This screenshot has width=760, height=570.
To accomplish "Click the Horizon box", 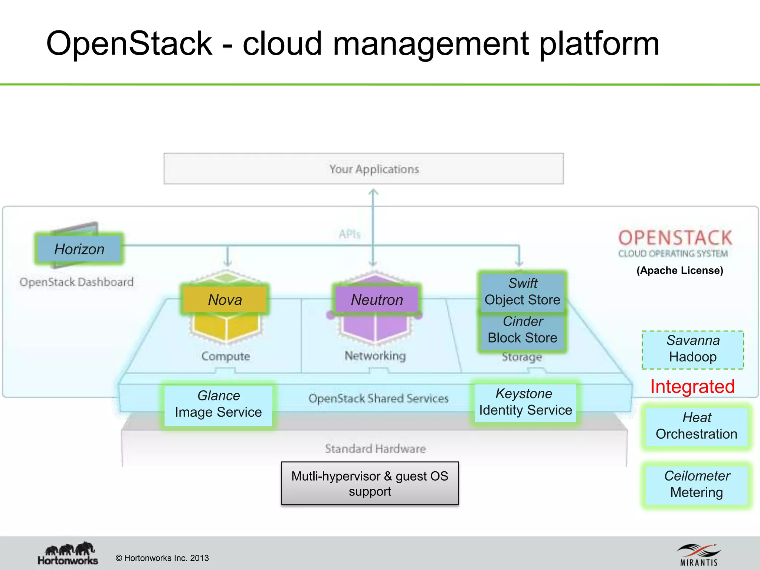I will (x=79, y=249).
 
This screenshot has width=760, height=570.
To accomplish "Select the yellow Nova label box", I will (x=225, y=299).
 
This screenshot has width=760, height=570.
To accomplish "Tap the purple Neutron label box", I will (x=377, y=299).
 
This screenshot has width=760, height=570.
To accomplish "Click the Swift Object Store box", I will (x=522, y=292).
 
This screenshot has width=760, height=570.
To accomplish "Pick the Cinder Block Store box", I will (x=522, y=330).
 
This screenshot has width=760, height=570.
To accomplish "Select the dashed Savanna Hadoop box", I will (x=692, y=349).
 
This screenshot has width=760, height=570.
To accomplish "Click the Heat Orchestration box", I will (x=696, y=426).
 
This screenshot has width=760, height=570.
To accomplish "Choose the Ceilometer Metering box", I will (x=696, y=484).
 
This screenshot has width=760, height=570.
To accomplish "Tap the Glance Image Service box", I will (x=218, y=404).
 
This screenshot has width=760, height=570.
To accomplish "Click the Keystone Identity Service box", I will (x=525, y=402).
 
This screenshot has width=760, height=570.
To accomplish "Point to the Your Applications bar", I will (x=364, y=169).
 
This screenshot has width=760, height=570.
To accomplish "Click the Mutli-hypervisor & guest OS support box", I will (x=370, y=483).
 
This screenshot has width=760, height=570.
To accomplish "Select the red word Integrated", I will (x=692, y=387).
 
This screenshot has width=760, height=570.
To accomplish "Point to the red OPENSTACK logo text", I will (x=675, y=238).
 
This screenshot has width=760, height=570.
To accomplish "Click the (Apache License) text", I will (x=680, y=271).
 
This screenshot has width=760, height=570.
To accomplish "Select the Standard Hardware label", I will (x=375, y=449).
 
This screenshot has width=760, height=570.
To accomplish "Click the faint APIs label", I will (x=350, y=234).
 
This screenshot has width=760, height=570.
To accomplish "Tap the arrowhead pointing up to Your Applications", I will (x=373, y=192).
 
